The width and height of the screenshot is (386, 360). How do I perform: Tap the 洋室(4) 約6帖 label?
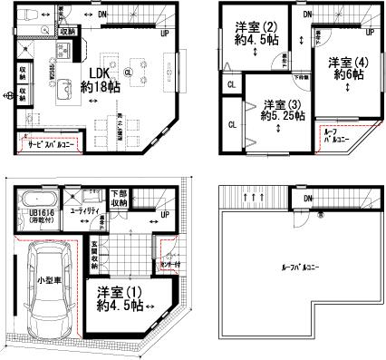pyautogui.click(x=346, y=68)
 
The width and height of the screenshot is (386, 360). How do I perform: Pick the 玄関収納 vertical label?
pyautogui.click(x=94, y=258)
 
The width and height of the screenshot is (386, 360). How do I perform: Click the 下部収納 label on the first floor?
pyautogui.click(x=119, y=199)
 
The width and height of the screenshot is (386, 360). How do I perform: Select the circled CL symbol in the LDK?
pyautogui.click(x=128, y=73)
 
